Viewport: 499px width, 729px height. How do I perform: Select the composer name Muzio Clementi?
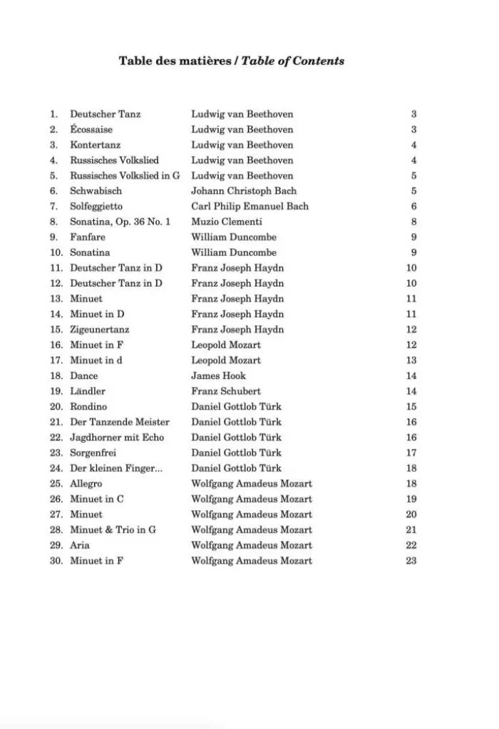point(227,222)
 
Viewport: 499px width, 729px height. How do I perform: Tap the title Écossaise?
point(91,130)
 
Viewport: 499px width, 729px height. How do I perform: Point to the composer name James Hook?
point(218,376)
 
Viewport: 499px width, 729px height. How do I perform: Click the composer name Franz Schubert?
point(226,391)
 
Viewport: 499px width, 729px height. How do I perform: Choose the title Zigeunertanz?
point(100,330)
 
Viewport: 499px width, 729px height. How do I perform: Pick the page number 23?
point(411,561)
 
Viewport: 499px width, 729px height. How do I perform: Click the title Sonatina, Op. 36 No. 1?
point(120,222)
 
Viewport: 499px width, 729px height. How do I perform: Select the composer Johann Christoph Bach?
point(244,191)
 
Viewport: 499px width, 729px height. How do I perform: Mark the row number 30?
point(56,561)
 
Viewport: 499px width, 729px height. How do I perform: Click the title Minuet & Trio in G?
point(113,530)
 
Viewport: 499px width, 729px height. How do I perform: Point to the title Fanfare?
point(88,237)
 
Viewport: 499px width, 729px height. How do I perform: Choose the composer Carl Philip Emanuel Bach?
point(249,207)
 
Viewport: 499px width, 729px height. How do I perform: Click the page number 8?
point(414,222)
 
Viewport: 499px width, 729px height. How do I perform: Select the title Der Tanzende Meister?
point(120,422)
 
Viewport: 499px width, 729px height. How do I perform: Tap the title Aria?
point(80,545)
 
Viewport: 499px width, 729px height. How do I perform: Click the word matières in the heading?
point(209,61)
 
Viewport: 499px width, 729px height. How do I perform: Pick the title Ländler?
point(88,391)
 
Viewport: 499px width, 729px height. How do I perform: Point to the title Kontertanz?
point(96,145)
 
